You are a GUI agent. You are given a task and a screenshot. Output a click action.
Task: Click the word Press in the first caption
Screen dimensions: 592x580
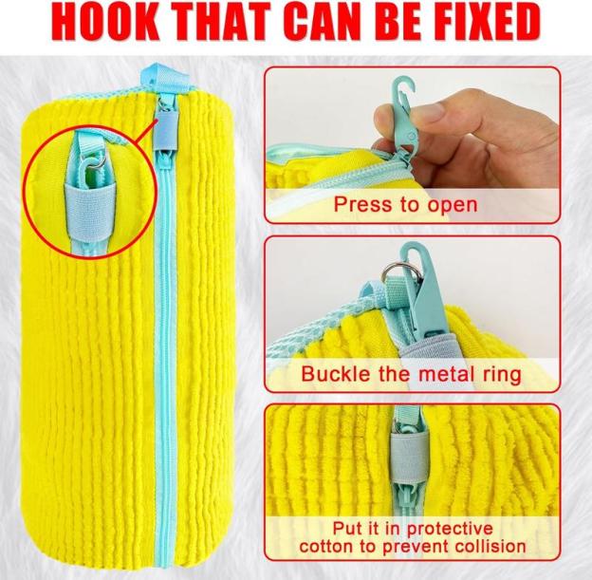[357, 204]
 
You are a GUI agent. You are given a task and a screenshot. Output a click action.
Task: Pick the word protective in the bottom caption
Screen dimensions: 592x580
[450, 529]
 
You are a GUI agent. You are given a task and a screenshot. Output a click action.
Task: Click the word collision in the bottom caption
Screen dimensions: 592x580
[490, 547]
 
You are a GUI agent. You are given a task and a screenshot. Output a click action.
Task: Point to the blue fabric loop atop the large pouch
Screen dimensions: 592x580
[164, 79]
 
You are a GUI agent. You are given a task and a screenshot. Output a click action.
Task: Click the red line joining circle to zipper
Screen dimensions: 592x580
[146, 133]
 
